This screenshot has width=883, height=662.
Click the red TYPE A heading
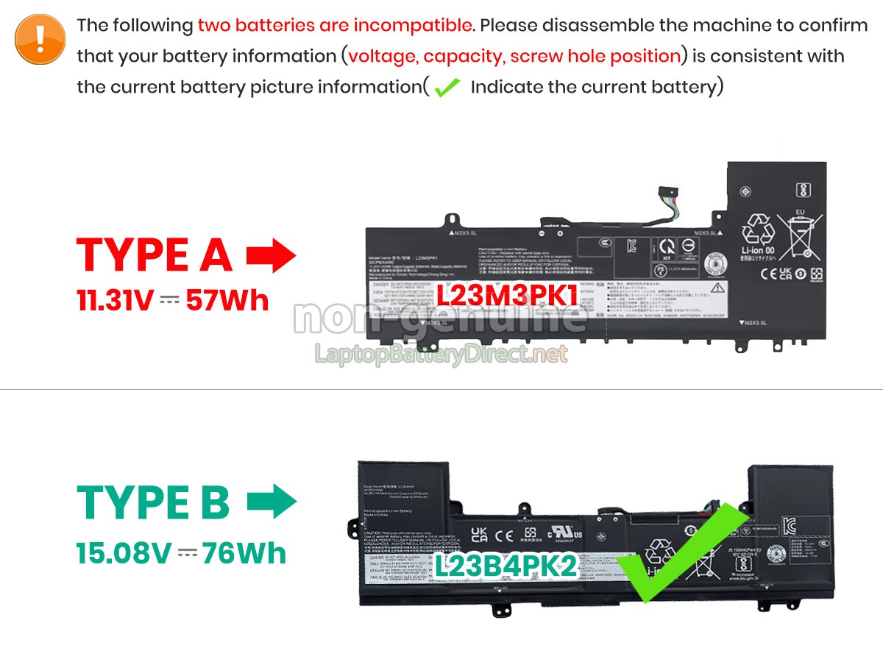click(155, 255)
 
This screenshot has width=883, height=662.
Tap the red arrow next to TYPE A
click(271, 255)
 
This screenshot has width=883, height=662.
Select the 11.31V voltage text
click(115, 300)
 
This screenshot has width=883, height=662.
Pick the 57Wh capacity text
click(227, 300)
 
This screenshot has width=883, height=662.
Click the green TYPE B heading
click(153, 502)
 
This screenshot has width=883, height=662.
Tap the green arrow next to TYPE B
click(271, 502)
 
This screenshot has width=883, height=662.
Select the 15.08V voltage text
click(124, 553)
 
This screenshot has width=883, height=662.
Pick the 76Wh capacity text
click(245, 553)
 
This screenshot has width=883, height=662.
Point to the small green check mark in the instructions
click(447, 88)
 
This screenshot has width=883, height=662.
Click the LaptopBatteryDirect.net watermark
click(441, 355)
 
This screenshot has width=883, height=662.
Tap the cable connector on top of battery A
click(667, 199)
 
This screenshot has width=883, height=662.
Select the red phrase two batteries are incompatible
click(335, 25)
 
